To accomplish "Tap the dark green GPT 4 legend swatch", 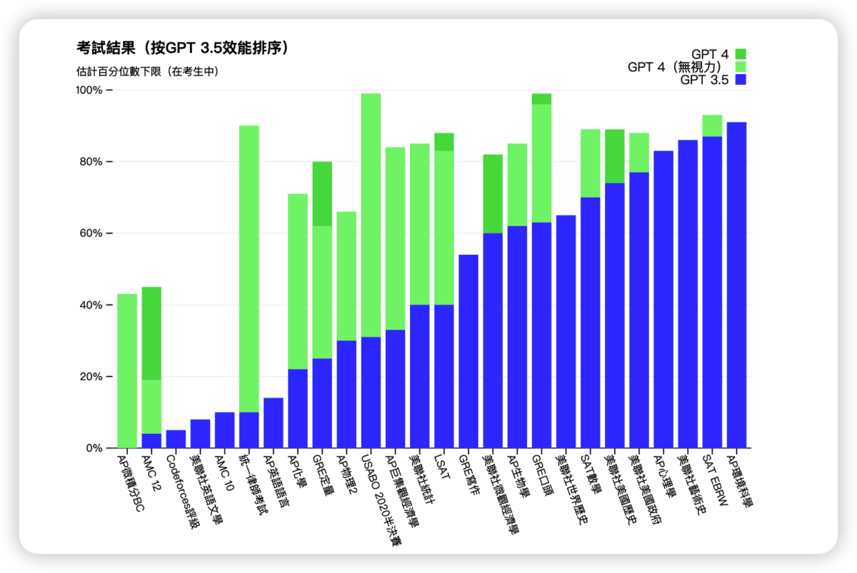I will pyautogui.click(x=740, y=54).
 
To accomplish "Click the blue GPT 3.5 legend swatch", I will pyautogui.click(x=740, y=80).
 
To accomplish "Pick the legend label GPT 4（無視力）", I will pyautogui.click(x=678, y=67).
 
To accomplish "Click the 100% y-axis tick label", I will pyautogui.click(x=89, y=91).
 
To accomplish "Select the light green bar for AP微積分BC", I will pyautogui.click(x=127, y=371).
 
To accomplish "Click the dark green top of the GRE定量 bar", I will pyautogui.click(x=322, y=193).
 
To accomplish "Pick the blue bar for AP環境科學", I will pyautogui.click(x=736, y=285).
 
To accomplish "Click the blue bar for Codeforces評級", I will pyautogui.click(x=176, y=440).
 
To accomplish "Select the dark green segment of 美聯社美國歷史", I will pyautogui.click(x=614, y=156).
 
